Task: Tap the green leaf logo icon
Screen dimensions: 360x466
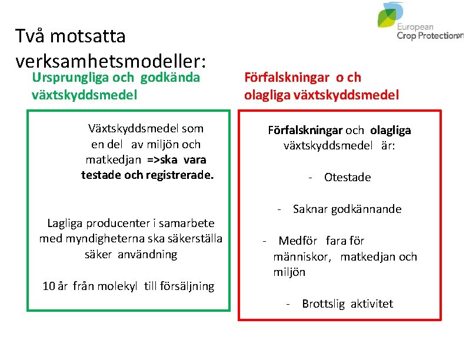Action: (x=391, y=15)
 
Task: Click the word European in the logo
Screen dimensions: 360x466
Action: (x=415, y=27)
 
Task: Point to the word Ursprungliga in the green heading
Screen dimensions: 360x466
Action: (x=66, y=77)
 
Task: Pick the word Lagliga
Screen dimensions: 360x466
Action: (x=65, y=223)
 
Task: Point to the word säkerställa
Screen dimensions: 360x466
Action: (x=192, y=238)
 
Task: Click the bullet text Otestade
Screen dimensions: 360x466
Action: (x=347, y=178)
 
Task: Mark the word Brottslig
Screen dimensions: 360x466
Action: (x=323, y=304)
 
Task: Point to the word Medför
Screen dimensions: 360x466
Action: (x=298, y=241)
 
